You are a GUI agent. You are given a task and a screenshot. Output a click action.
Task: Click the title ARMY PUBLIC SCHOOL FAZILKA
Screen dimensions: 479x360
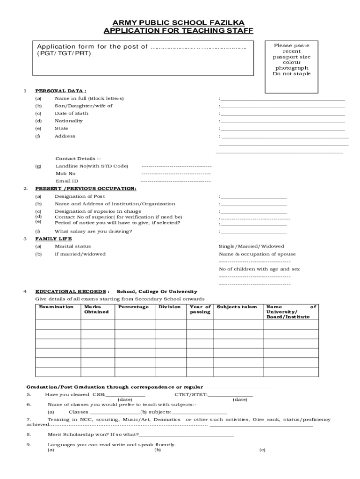178,22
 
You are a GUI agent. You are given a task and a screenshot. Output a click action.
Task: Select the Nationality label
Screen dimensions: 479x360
69,121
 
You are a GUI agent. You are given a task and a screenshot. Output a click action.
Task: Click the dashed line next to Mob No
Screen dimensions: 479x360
176,174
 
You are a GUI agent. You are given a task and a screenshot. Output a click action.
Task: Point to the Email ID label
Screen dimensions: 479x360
67,181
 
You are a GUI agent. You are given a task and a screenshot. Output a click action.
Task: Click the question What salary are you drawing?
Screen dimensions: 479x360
94,231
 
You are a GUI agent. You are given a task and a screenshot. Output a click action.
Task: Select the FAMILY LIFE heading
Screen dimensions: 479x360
54,239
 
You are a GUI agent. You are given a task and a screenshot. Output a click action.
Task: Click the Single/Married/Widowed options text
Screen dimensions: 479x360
252,247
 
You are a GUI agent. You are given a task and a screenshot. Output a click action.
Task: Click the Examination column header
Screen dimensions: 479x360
56,307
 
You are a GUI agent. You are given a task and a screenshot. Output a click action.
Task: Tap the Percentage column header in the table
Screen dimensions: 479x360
134,307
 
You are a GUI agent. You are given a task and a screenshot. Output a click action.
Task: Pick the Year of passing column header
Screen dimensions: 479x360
200,309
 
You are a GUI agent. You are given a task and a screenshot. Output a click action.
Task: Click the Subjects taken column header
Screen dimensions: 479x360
237,307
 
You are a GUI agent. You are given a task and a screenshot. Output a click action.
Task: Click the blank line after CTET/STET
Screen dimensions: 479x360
230,396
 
